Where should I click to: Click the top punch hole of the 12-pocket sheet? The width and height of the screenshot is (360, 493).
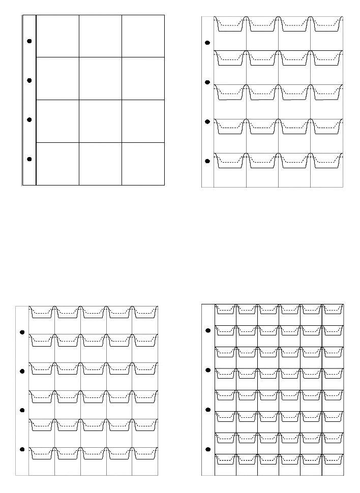[x=29, y=41]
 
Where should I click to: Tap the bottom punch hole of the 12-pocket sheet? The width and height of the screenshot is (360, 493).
[x=29, y=159]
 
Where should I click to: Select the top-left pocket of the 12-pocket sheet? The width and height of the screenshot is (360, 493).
[x=57, y=36]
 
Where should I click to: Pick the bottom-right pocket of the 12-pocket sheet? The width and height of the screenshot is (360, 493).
[x=143, y=164]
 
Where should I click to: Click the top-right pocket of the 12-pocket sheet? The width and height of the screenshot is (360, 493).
[x=143, y=36]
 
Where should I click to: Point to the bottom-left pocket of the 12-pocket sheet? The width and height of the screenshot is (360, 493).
[x=57, y=164]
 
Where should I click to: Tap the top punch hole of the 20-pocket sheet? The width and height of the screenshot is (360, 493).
[x=207, y=43]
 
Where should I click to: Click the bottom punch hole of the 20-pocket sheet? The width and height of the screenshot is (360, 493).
[x=207, y=161]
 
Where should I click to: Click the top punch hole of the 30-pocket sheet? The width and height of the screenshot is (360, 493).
[x=22, y=332]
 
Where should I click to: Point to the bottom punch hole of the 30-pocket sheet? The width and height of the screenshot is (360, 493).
[x=22, y=449]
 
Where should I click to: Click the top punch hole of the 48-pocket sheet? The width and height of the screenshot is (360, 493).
[x=207, y=331]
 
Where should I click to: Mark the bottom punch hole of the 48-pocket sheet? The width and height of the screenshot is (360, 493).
[x=207, y=450]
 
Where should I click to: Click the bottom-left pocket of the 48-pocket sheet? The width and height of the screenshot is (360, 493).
[x=225, y=464]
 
